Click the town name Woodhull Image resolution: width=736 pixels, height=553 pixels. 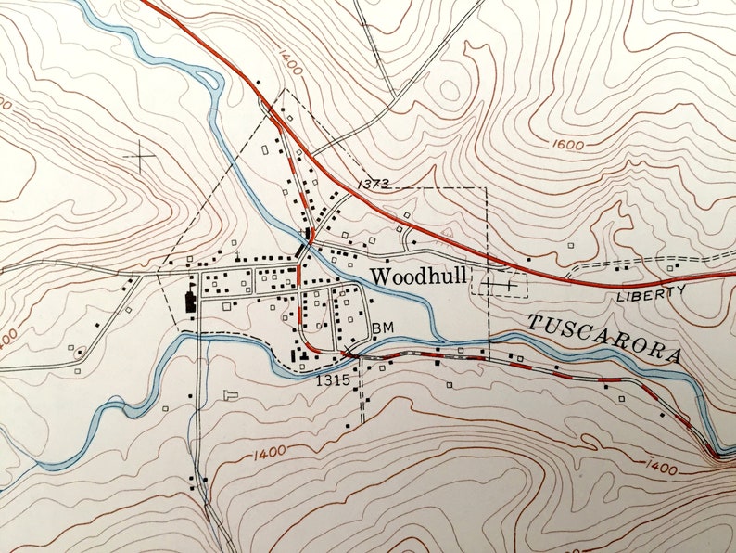pos(418,276)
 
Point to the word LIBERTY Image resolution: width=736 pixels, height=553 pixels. pos(651,294)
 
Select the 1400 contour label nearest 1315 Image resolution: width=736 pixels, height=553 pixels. pos(268,452)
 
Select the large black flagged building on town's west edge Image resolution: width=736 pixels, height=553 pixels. pos(191,301)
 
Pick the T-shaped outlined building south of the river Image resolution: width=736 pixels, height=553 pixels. pos(232,394)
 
